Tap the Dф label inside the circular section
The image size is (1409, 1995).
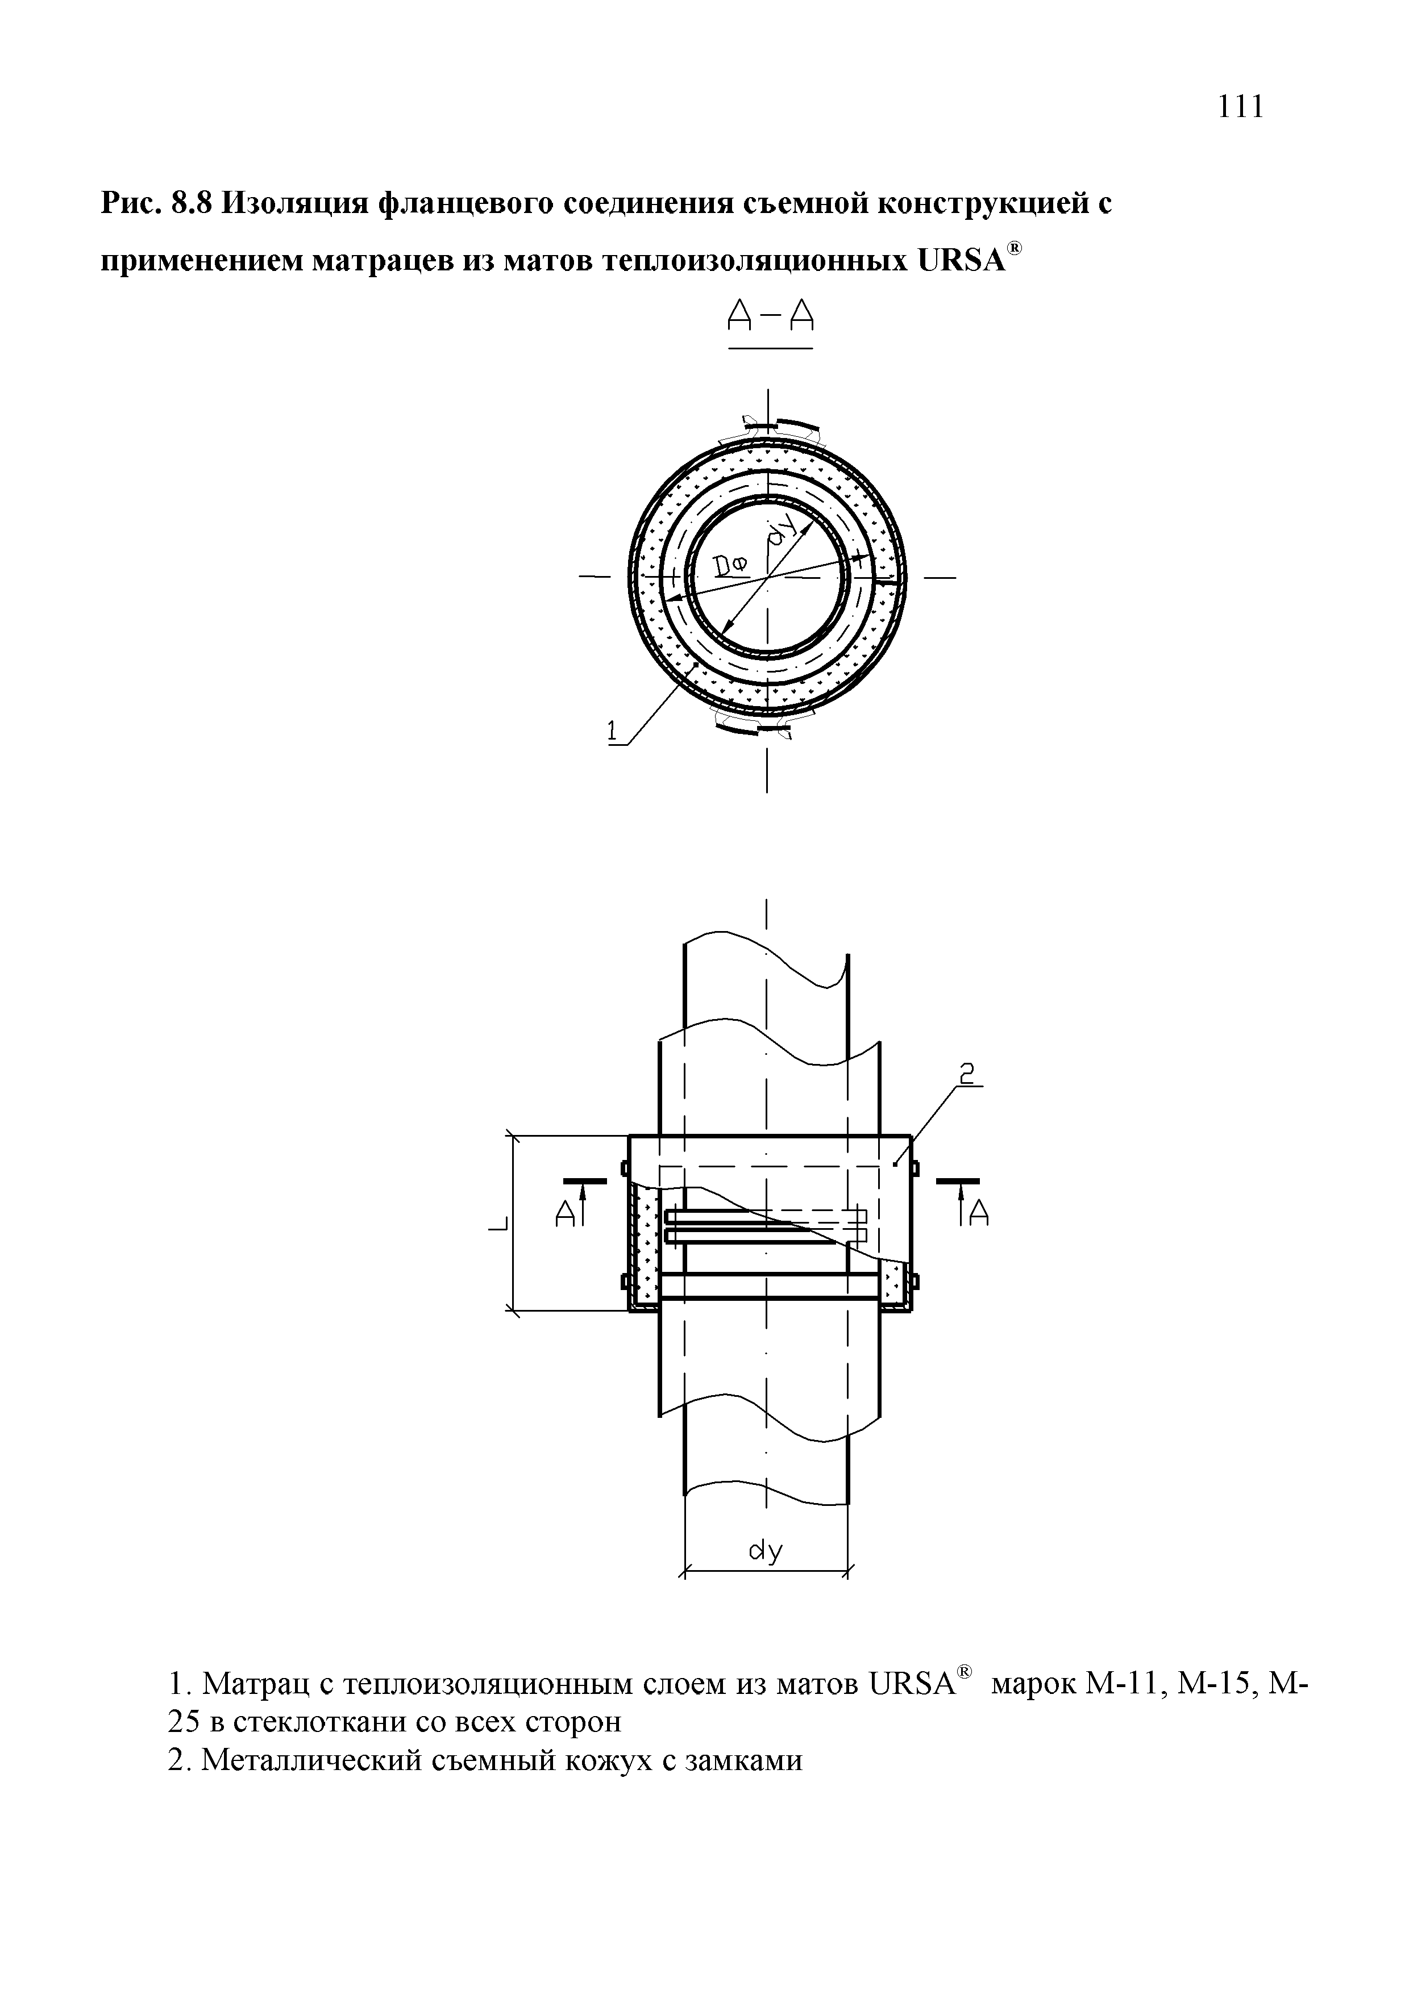click(730, 567)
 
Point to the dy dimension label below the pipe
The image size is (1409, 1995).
click(766, 1551)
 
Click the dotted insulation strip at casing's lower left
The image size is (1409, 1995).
click(644, 1255)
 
